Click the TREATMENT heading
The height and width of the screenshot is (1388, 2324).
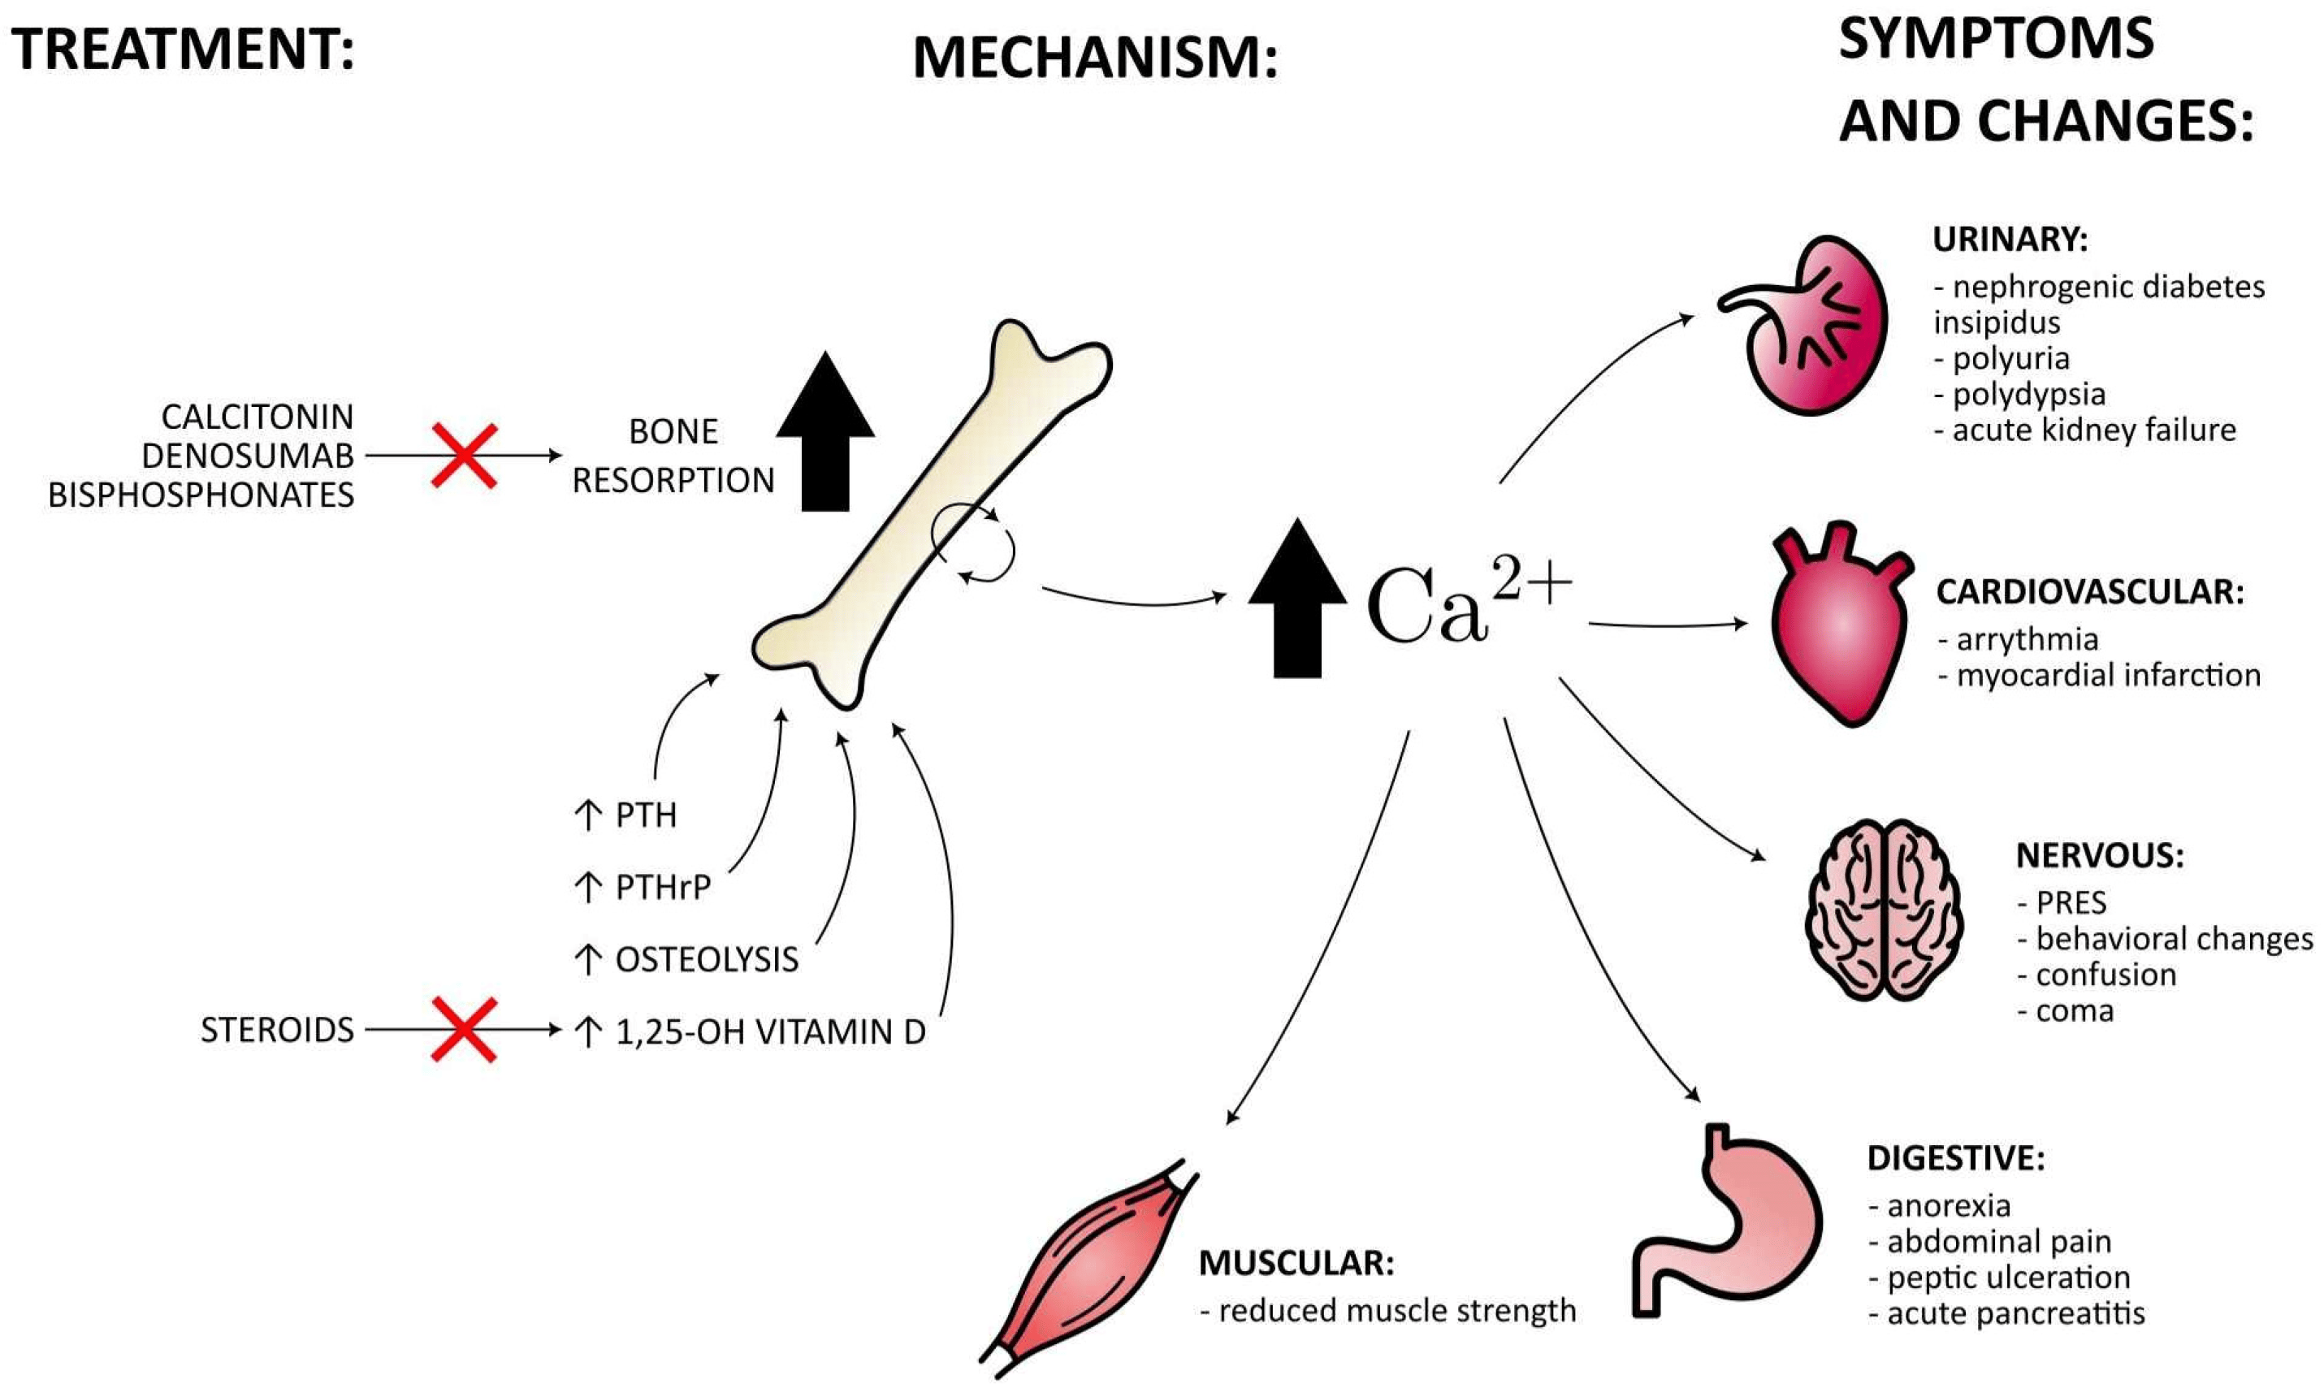point(183,49)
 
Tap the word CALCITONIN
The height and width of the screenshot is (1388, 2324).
point(258,416)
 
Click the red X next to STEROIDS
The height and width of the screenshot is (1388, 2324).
point(464,1030)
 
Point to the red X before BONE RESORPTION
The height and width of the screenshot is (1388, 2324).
point(464,456)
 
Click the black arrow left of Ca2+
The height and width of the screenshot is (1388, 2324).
point(1297,599)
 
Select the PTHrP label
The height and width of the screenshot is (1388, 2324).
point(662,887)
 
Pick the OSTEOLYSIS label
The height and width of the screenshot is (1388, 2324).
point(706,958)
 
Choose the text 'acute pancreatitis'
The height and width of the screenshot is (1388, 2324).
point(2015,1314)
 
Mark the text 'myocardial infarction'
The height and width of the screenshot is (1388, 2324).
point(2108,675)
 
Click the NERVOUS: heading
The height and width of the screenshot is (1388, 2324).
point(2100,855)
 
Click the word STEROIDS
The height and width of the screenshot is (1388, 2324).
point(277,1030)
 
